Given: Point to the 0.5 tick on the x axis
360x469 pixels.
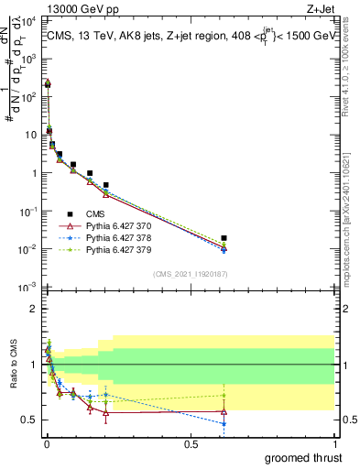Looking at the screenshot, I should [x=191, y=442].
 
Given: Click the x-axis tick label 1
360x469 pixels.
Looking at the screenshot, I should [x=334, y=442].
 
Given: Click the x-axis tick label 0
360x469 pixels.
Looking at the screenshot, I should [x=47, y=442].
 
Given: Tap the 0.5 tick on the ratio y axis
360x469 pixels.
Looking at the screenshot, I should [x=30, y=420].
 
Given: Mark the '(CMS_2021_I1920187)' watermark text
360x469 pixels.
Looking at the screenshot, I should [x=191, y=274].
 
